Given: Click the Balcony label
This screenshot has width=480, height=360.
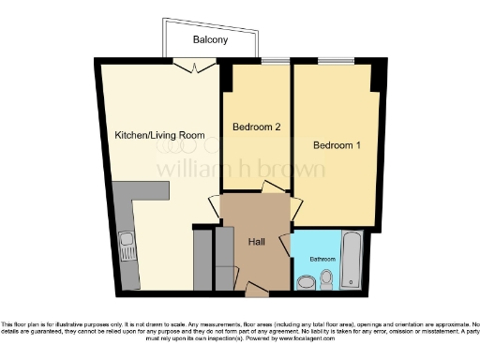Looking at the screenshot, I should tap(211, 39).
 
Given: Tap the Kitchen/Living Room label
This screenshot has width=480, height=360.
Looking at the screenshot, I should tap(159, 136).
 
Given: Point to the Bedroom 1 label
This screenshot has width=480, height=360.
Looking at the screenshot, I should tap(337, 146).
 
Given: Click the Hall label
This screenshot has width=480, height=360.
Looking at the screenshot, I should tap(255, 242).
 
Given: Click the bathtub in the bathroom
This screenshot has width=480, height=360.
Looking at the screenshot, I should tap(352, 262).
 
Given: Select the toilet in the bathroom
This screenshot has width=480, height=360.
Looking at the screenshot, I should tap(326, 278).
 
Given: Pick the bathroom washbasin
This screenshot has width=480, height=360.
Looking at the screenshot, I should tap(304, 280).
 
